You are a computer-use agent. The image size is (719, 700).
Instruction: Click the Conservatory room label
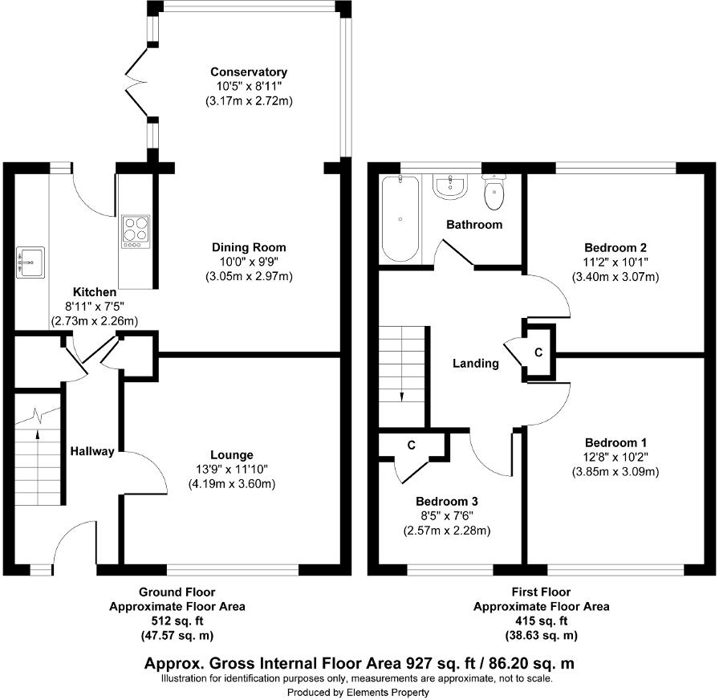tap(248, 72)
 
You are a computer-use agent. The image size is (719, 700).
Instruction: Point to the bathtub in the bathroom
tap(400, 218)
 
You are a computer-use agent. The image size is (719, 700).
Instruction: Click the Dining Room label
tap(248, 247)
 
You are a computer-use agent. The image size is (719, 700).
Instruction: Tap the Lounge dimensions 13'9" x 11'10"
tap(232, 469)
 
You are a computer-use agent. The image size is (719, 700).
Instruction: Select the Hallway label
tap(91, 451)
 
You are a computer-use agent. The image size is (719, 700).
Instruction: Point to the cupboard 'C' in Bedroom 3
tap(410, 444)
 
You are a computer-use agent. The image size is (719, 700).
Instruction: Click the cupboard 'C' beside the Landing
tap(538, 352)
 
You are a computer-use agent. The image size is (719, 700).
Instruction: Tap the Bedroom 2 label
tap(615, 247)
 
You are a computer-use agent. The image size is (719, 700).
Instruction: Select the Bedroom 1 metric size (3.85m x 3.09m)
tap(615, 471)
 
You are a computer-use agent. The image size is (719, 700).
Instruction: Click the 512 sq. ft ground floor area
tap(177, 621)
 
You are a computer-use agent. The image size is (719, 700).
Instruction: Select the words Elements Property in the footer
tap(389, 691)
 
